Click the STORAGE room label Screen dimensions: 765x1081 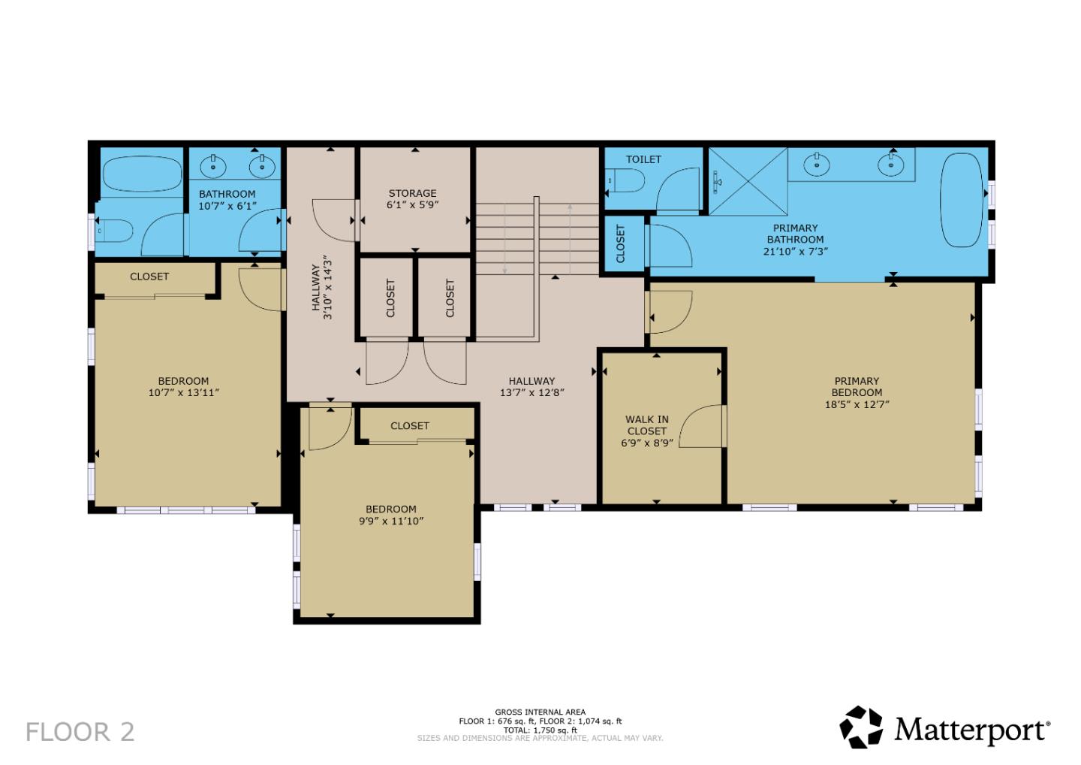click(x=412, y=193)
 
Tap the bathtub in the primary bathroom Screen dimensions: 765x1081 click(x=962, y=200)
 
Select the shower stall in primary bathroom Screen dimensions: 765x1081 click(x=748, y=181)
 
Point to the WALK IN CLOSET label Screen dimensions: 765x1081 click(x=646, y=425)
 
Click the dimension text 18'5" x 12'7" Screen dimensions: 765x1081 click(x=857, y=404)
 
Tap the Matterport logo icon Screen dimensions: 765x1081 click(x=860, y=727)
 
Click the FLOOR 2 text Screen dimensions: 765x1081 click(x=80, y=731)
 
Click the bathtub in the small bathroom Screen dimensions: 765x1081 click(x=141, y=174)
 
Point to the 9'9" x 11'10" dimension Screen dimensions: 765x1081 click(x=391, y=521)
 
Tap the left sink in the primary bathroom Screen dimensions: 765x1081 click(x=815, y=163)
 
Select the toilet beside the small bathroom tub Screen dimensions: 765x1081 click(x=116, y=230)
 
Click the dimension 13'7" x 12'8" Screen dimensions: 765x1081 click(x=531, y=392)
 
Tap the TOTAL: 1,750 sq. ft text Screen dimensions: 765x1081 click(x=540, y=730)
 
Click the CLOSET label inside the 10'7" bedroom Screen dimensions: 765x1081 click(x=149, y=277)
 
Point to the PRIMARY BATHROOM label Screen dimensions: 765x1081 click(x=795, y=234)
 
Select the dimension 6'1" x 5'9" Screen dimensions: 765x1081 click(x=412, y=204)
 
